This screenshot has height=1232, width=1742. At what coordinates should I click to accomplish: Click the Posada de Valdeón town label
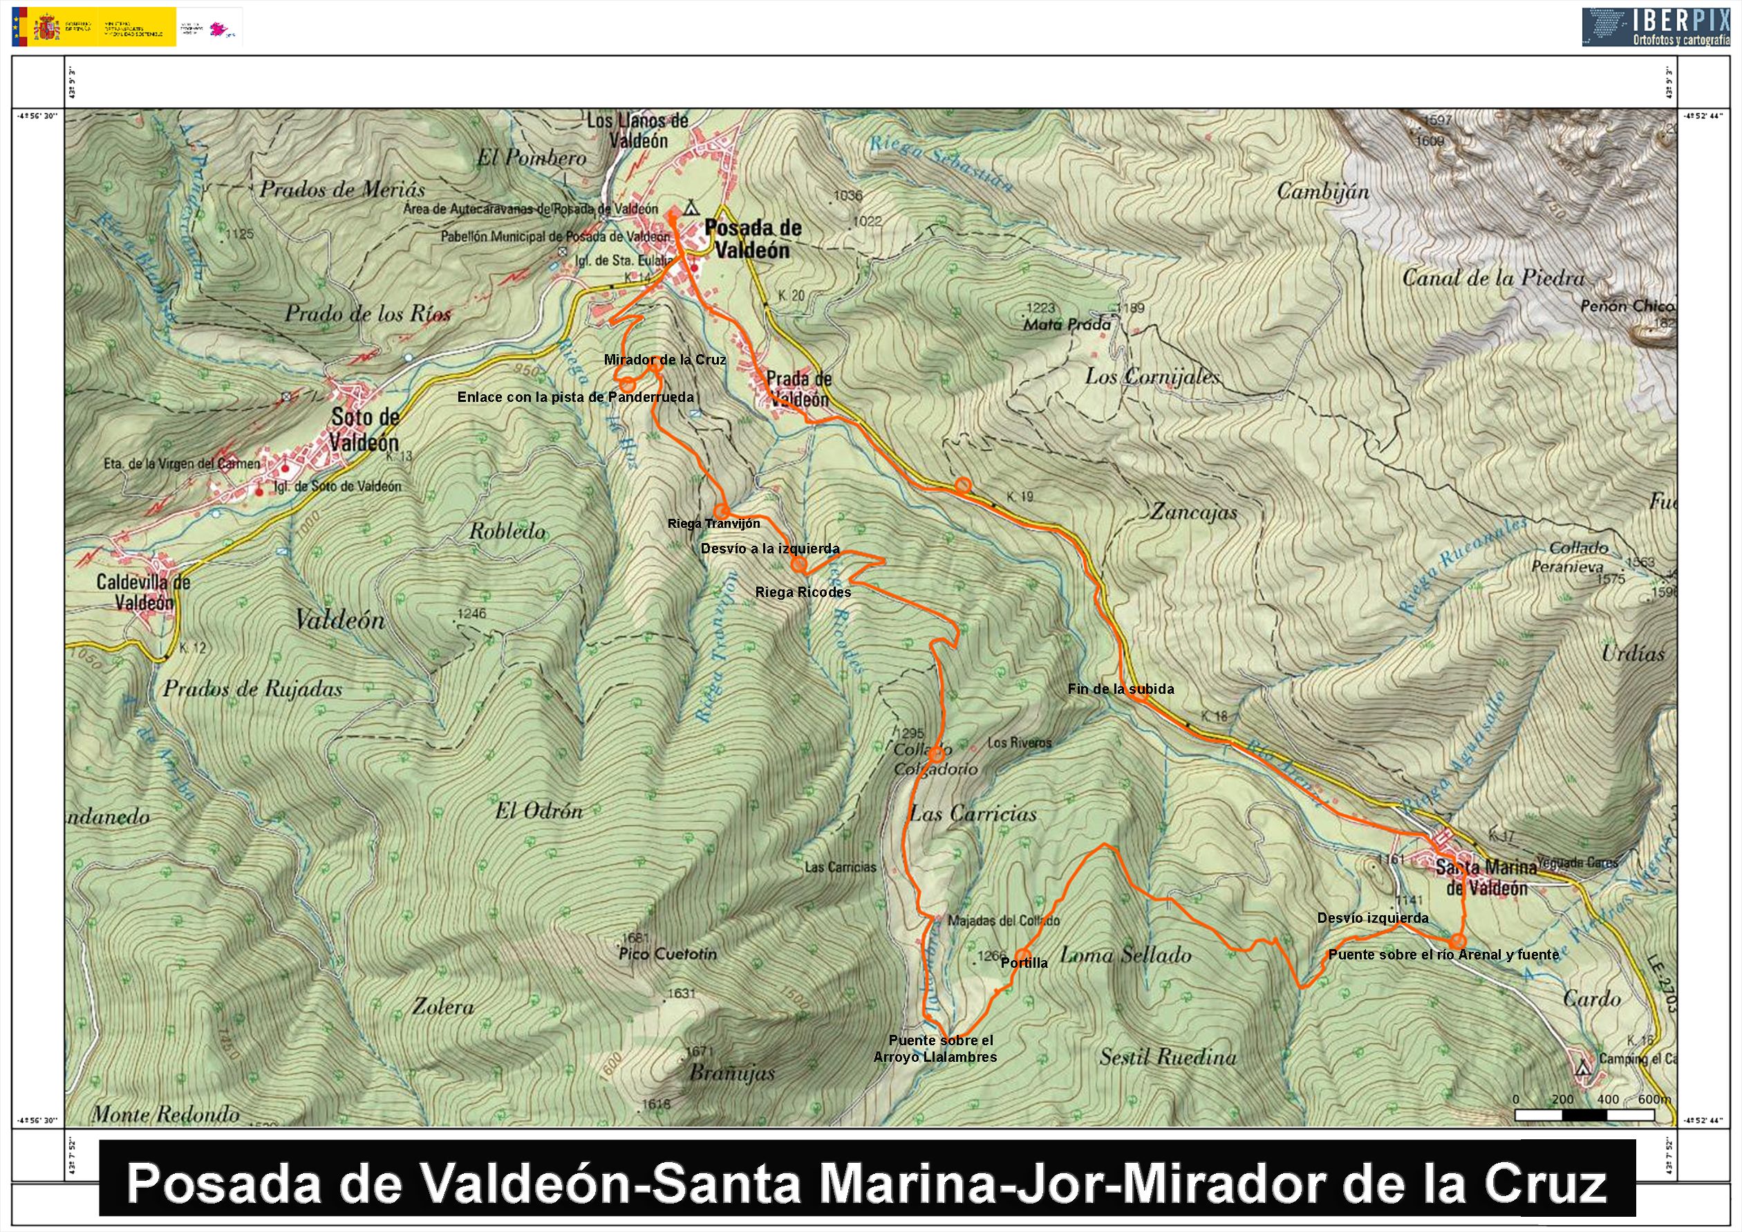[x=752, y=239]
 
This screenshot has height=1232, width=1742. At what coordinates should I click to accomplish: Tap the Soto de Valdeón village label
[x=364, y=429]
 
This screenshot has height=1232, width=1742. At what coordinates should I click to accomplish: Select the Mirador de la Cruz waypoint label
[x=664, y=360]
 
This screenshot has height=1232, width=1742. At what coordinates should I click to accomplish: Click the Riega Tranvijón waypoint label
[x=713, y=523]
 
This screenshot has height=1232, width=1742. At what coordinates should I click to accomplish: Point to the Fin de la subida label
[x=1120, y=689]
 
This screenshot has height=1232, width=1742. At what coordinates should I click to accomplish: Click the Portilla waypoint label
[x=1024, y=962]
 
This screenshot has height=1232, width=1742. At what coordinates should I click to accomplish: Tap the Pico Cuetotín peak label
[x=668, y=953]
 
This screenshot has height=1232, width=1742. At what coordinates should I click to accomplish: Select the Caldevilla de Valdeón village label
[x=142, y=592]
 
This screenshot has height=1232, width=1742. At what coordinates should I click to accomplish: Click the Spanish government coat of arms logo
[x=47, y=28]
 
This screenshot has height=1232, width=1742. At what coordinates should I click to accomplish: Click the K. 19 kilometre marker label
[x=1020, y=497]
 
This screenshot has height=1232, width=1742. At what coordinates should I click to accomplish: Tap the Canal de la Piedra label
[x=1492, y=278]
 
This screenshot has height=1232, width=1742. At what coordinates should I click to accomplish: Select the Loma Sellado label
[x=1125, y=955]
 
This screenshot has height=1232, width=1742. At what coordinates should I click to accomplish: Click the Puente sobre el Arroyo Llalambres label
[x=936, y=1048]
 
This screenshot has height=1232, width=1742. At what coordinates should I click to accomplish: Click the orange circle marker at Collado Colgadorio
[x=937, y=753]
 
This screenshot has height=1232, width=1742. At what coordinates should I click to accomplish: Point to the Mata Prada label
[x=1067, y=324]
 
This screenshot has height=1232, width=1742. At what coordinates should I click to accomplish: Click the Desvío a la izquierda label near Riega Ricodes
[x=769, y=548]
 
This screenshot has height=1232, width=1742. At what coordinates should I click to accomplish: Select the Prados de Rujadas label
[x=252, y=688]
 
